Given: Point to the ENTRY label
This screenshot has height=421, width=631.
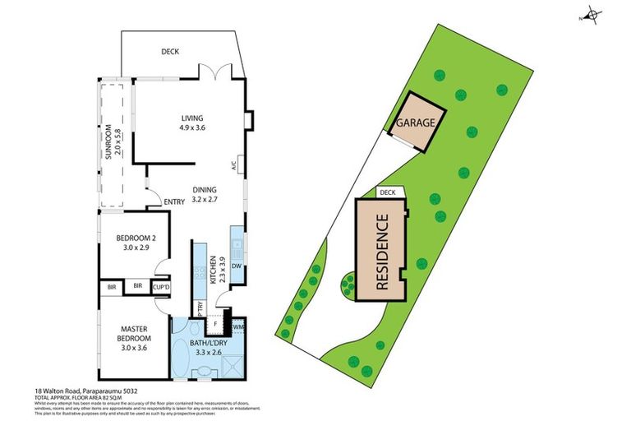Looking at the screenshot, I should (173, 202).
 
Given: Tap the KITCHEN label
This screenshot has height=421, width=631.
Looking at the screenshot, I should (214, 271).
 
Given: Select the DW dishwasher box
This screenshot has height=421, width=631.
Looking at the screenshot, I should (237, 266).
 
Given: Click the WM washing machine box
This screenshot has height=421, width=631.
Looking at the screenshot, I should (238, 326).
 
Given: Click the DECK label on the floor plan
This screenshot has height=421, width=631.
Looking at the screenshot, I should (170, 52).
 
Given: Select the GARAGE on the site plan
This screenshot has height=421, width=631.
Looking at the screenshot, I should (415, 123).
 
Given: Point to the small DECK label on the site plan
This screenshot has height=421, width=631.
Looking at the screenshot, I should (387, 192).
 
